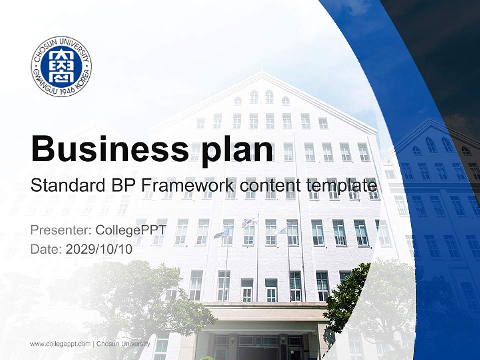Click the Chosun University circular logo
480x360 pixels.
[x=61, y=66]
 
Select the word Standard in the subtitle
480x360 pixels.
[x=66, y=186]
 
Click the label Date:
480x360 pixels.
[x=46, y=249]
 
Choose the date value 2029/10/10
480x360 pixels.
[x=99, y=249]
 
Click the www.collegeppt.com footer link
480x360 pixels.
[x=60, y=344]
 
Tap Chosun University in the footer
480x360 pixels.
[x=123, y=344]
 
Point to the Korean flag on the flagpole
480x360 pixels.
[x=249, y=222]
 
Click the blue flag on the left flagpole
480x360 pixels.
[x=221, y=232]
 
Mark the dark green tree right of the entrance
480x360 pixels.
[x=350, y=295]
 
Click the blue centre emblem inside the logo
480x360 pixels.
[x=61, y=66]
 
